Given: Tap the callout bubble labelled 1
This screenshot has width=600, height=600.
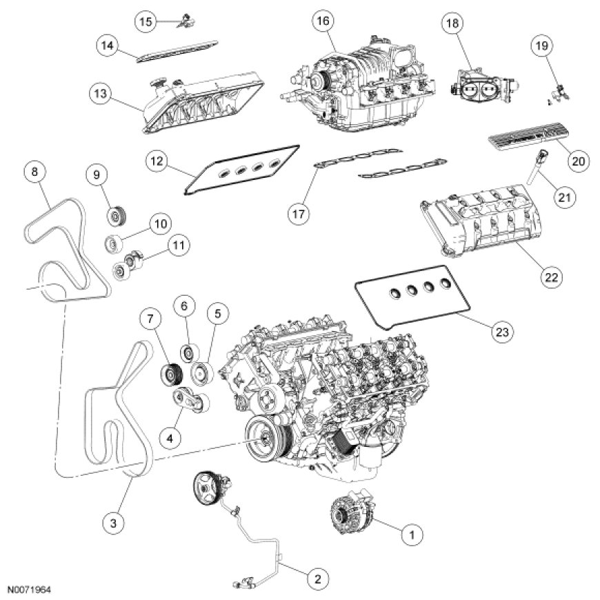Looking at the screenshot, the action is tap(412, 534).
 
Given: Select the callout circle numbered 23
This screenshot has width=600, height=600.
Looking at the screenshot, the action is tap(502, 332).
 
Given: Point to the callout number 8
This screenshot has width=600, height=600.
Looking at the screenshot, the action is tap(34, 172).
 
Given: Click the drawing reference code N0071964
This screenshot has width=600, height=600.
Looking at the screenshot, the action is tap(30, 590).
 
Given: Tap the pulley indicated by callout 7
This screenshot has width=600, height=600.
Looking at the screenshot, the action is tap(170, 374).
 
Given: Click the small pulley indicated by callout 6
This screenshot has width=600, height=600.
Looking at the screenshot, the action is tap(189, 353).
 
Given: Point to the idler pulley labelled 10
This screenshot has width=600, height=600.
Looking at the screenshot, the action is tap(113, 243).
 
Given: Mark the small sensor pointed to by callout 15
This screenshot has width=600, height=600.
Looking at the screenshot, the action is tap(186, 21).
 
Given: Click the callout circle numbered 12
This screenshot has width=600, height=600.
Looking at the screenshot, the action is tap(157, 161).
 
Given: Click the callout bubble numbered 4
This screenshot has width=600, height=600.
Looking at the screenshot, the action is tap(170, 438).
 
